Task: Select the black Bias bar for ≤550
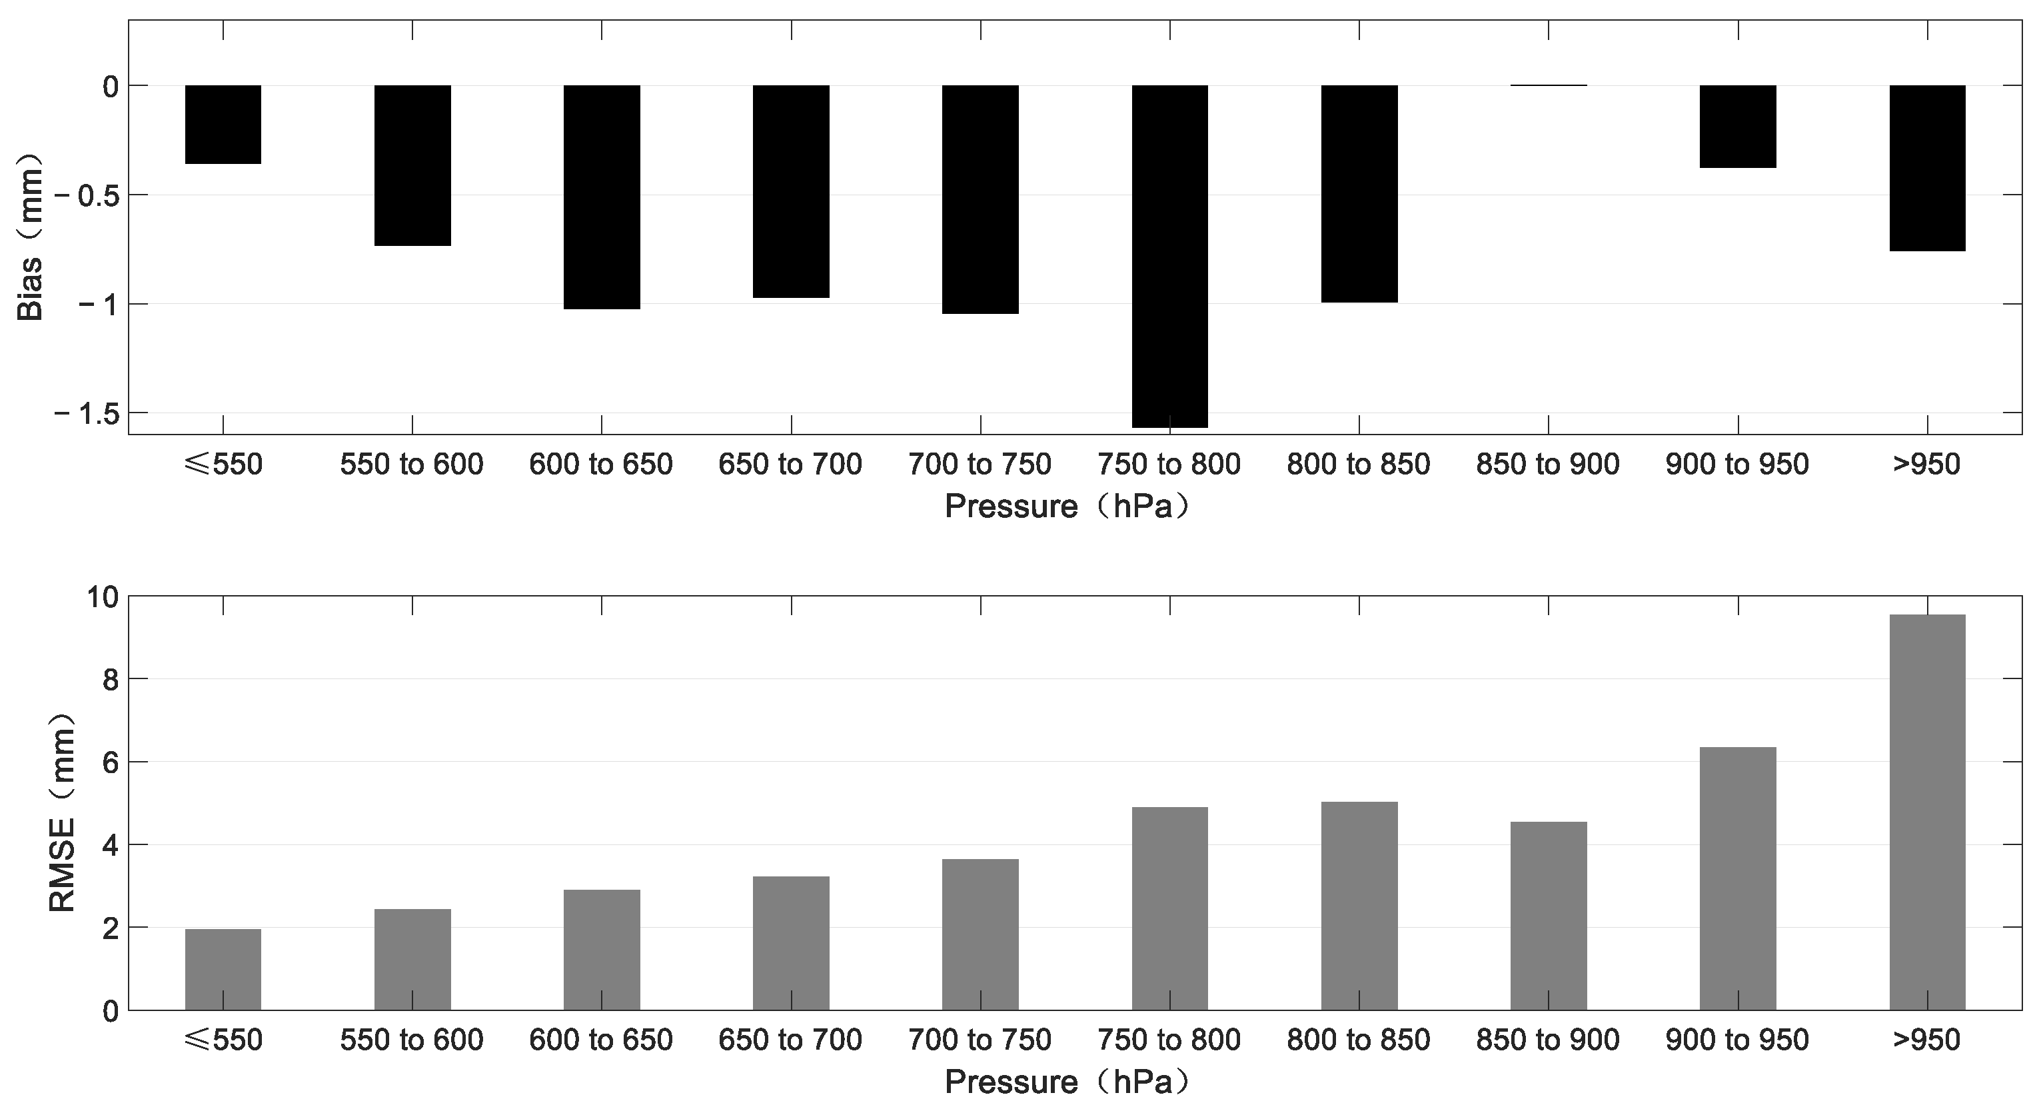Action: click(x=223, y=124)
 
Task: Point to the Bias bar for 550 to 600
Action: click(x=412, y=165)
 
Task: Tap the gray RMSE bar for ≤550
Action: click(x=223, y=969)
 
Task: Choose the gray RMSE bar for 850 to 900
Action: click(x=1549, y=916)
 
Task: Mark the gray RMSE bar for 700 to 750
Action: click(x=980, y=934)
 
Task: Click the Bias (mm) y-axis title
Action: click(x=30, y=237)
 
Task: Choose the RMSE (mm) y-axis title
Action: click(x=62, y=812)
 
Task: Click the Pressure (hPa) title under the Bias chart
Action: click(x=1067, y=507)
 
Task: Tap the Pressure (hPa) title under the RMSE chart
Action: click(x=1067, y=1082)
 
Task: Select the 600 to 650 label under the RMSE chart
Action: click(x=601, y=1040)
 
